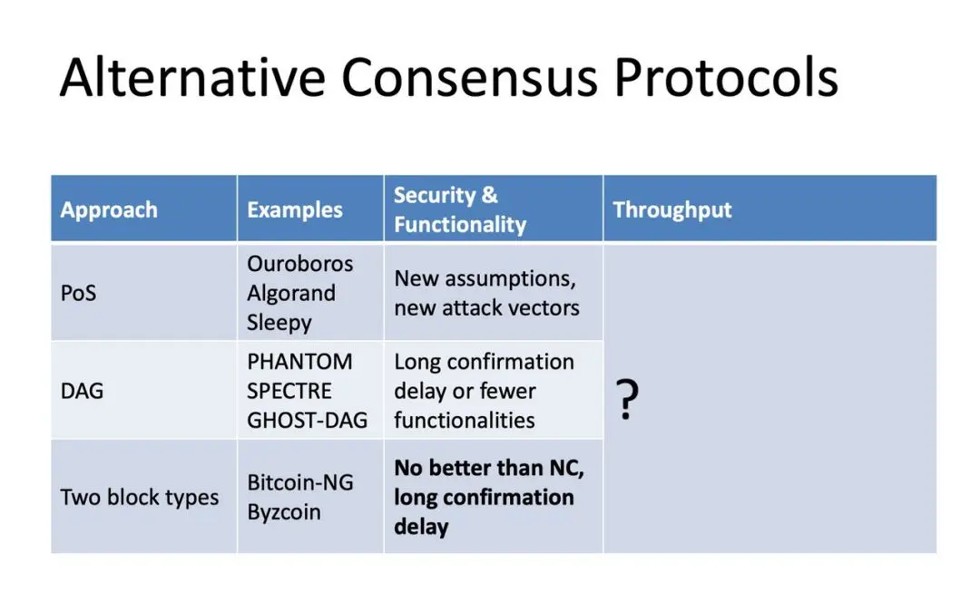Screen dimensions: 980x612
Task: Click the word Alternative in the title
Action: tap(192, 77)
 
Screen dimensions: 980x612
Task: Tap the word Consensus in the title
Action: tap(469, 77)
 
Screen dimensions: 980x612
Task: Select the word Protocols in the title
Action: tap(726, 77)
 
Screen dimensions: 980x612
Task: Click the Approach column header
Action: tap(109, 209)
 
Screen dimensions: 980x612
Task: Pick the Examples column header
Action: tap(294, 209)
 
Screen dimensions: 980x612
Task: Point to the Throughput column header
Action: tap(671, 209)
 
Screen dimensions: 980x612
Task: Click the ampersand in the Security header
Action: tap(489, 195)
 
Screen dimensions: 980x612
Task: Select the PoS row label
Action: tap(79, 293)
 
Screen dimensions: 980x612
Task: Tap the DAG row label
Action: tap(82, 391)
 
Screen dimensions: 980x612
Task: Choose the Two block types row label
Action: tap(140, 497)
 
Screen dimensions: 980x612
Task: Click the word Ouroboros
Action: tap(300, 264)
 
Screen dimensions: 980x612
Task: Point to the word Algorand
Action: tap(291, 294)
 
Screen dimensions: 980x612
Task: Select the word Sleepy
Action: tap(279, 323)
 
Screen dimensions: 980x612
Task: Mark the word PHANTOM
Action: tap(299, 362)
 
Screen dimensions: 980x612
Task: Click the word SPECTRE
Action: tap(289, 391)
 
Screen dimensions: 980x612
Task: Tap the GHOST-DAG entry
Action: tap(307, 421)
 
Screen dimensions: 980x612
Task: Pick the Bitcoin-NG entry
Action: tap(300, 482)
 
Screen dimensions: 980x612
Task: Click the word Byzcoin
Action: tap(284, 512)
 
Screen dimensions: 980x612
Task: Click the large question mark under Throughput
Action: tap(628, 399)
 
